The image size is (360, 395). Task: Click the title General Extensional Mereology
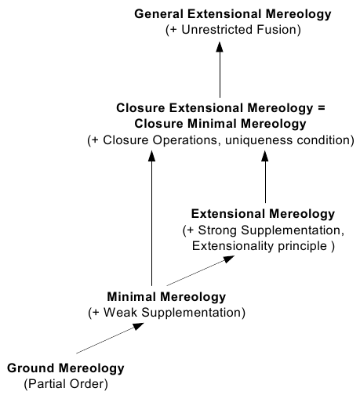233,14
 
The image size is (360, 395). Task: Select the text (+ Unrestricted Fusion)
233,30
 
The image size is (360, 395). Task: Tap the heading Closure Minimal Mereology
220,124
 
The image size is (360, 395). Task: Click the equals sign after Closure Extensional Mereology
322,108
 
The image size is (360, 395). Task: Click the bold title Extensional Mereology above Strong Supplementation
263,214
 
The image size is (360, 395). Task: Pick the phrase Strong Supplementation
269,230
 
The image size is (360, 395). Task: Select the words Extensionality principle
260,246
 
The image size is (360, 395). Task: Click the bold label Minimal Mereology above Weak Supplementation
166,297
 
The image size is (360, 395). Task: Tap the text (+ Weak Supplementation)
167,313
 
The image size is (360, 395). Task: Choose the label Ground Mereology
66,368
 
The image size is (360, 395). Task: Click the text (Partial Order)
66,384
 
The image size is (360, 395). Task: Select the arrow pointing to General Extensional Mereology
220,70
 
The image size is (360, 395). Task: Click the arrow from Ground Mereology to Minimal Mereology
110,339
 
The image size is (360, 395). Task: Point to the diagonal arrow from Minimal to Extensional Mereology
201,270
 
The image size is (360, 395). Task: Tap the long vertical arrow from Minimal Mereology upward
151,218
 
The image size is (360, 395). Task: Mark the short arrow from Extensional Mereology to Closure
265,176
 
